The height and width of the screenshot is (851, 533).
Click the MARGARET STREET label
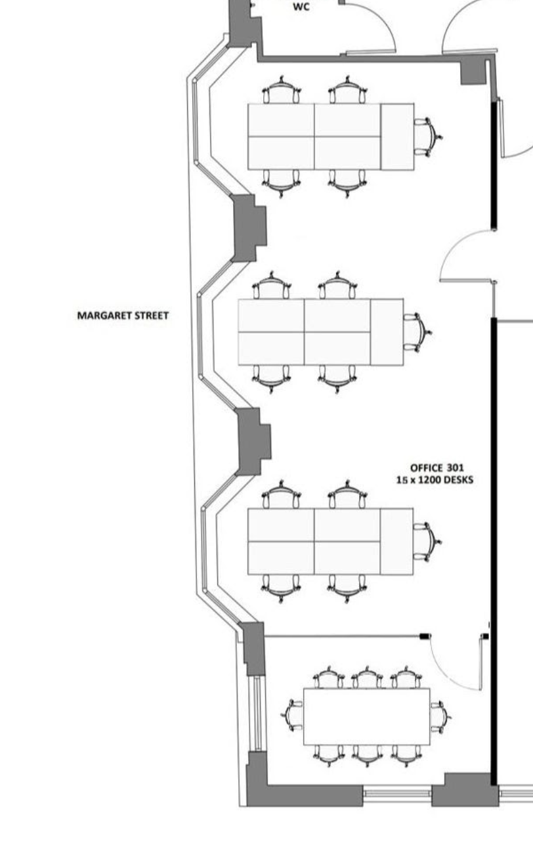[x=123, y=316]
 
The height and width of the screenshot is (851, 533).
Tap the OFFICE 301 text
[x=437, y=468]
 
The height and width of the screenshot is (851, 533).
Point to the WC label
[x=301, y=7]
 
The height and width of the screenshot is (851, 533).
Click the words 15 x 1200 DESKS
[x=435, y=480]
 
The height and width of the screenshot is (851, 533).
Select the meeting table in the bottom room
[x=366, y=716]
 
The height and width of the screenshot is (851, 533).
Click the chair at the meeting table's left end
[x=293, y=714]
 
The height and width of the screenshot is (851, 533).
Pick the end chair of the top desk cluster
[x=427, y=137]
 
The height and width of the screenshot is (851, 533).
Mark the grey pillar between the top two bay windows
[x=249, y=227]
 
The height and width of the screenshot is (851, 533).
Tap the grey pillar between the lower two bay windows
[x=253, y=441]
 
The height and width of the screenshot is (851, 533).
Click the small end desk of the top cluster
[x=397, y=137]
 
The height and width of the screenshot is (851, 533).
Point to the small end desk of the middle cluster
[x=387, y=332]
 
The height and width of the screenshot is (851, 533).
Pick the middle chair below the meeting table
[x=367, y=754]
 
